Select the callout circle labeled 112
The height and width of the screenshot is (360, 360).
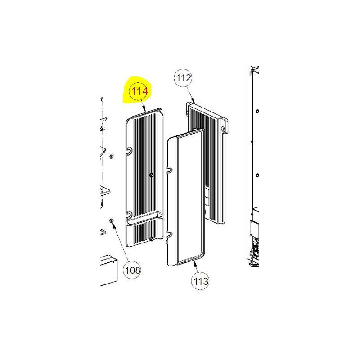click(x=184, y=78)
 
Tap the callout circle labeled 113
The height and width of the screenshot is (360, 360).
click(x=201, y=281)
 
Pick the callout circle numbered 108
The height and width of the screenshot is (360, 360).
click(x=132, y=270)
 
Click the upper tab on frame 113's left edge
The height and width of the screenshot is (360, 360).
click(x=170, y=170)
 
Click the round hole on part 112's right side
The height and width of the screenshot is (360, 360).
click(x=223, y=129)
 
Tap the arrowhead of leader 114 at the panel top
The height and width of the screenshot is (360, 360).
click(x=144, y=111)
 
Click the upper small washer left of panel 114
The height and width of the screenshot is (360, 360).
click(x=111, y=157)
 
